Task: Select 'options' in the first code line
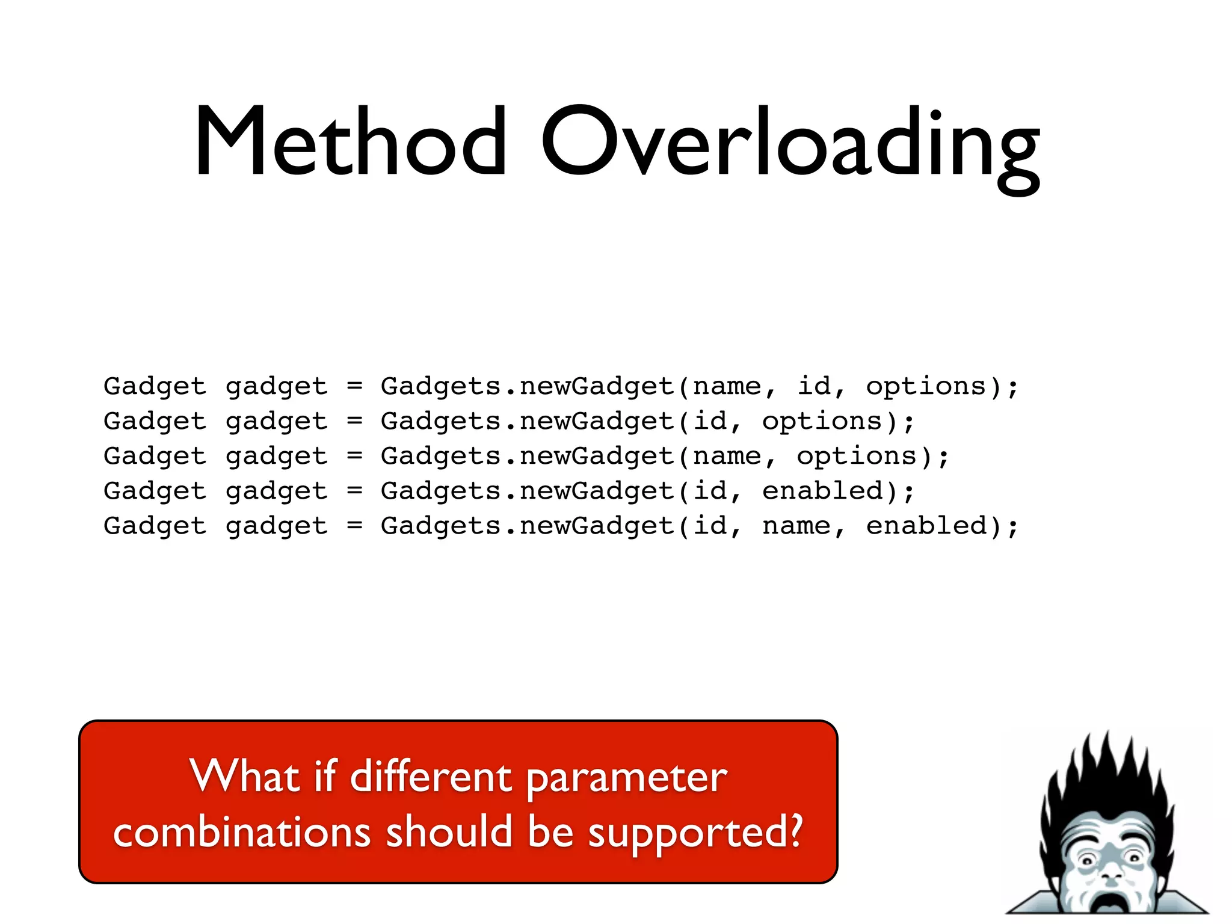(926, 386)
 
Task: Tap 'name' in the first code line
(727, 386)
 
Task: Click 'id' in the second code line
(710, 421)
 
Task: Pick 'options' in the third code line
(857, 457)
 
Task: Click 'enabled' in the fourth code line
(822, 491)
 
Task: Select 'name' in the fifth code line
(796, 526)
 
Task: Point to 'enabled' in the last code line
(926, 526)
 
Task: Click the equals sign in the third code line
(355, 457)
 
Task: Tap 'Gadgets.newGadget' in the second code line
(528, 421)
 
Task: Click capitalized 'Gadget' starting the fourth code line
(155, 491)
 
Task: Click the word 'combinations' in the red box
(242, 834)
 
